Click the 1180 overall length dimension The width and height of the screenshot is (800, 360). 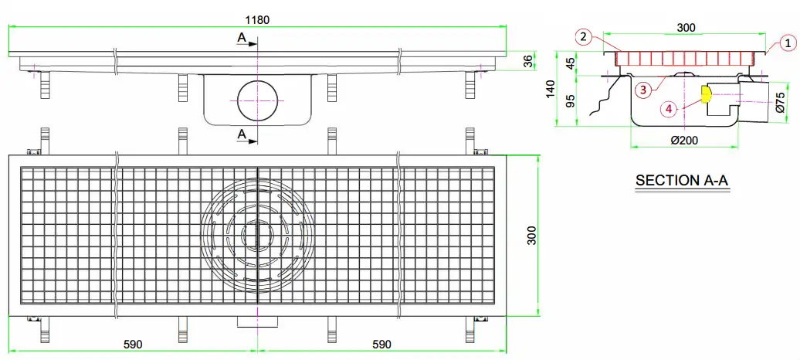258,19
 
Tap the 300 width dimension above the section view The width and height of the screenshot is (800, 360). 686,28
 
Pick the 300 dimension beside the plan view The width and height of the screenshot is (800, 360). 532,236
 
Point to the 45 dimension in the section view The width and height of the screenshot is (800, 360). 571,63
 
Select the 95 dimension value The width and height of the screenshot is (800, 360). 571,101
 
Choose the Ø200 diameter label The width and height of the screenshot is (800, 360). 684,139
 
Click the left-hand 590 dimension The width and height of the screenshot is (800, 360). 132,344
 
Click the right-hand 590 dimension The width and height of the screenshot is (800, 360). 381,344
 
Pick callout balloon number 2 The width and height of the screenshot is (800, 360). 585,36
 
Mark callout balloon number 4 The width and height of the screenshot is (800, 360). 669,109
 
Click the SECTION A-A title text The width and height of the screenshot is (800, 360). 682,181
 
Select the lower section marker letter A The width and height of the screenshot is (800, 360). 242,134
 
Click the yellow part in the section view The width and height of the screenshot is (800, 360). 705,94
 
